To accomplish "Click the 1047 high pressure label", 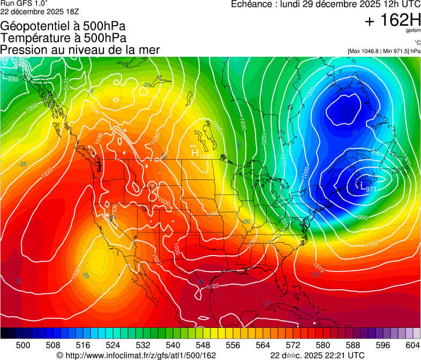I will point(206,156).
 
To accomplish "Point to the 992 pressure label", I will point(13,79).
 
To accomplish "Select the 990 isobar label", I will point(363,217).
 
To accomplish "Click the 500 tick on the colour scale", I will point(23,345).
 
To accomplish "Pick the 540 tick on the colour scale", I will point(173,345).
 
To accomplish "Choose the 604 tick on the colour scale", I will point(412,345).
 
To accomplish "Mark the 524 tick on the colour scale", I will point(113,345).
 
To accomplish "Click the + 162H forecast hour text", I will point(392,21).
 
